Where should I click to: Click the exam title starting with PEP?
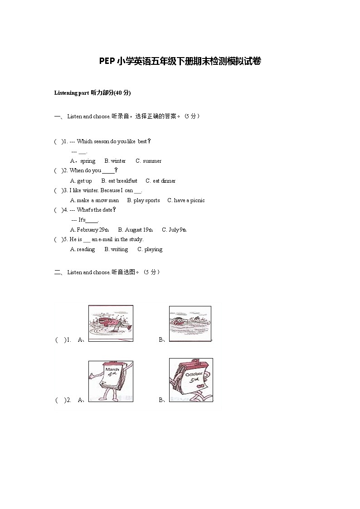tap(180, 61)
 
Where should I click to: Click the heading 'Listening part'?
tap(71, 93)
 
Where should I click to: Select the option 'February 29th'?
tap(92, 230)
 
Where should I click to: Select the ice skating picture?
tap(111, 323)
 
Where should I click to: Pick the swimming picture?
tap(190, 323)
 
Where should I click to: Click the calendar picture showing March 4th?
tap(111, 381)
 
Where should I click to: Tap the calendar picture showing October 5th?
tap(191, 380)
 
